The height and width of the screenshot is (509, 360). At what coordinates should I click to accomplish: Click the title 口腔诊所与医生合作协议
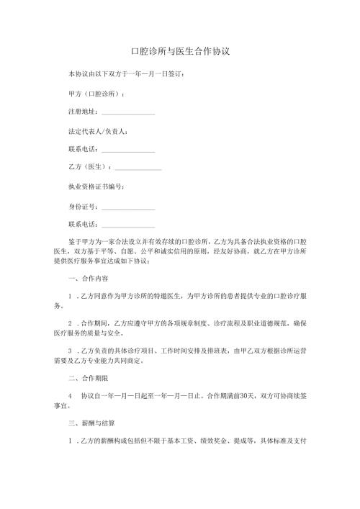point(179,53)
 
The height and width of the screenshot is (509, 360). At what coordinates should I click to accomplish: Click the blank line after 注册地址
point(128,113)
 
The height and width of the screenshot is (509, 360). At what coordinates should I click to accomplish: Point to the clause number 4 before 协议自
point(70,395)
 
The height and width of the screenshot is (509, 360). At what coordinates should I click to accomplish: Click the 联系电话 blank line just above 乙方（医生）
point(128,150)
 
